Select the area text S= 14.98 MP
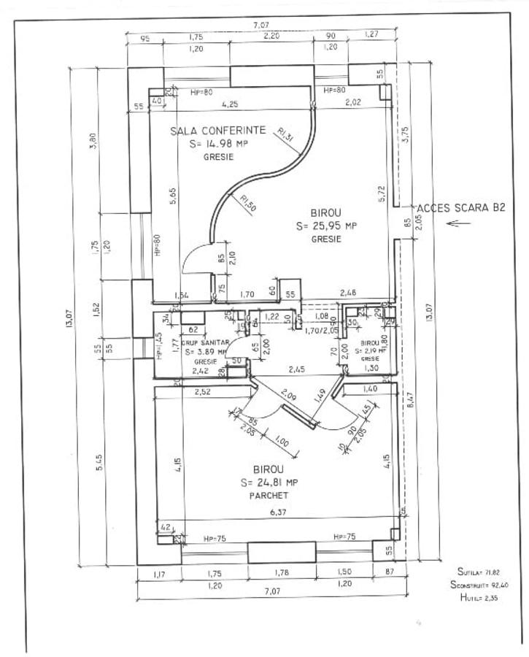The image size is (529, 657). (x=218, y=144)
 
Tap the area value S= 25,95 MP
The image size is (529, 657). (x=327, y=226)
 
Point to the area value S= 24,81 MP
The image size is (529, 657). (x=269, y=482)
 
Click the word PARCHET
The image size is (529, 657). (x=268, y=496)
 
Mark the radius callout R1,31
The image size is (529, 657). (x=285, y=133)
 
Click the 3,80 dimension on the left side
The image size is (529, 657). (x=92, y=139)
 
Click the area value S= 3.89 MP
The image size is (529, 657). (x=206, y=351)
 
